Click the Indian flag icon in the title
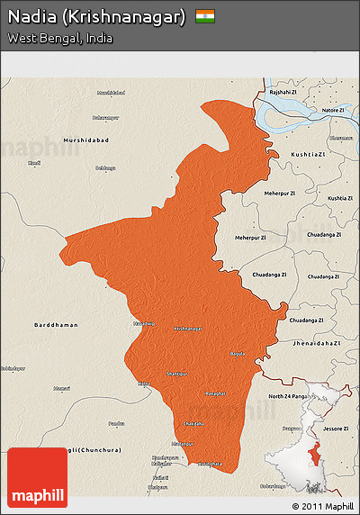coord(205,16)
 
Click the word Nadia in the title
coord(33,17)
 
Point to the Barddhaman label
coord(56,324)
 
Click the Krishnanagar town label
coord(187,329)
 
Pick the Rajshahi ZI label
coord(282,91)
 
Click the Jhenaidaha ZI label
coord(319,343)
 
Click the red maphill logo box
coord(37,477)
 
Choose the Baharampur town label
coord(105,117)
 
